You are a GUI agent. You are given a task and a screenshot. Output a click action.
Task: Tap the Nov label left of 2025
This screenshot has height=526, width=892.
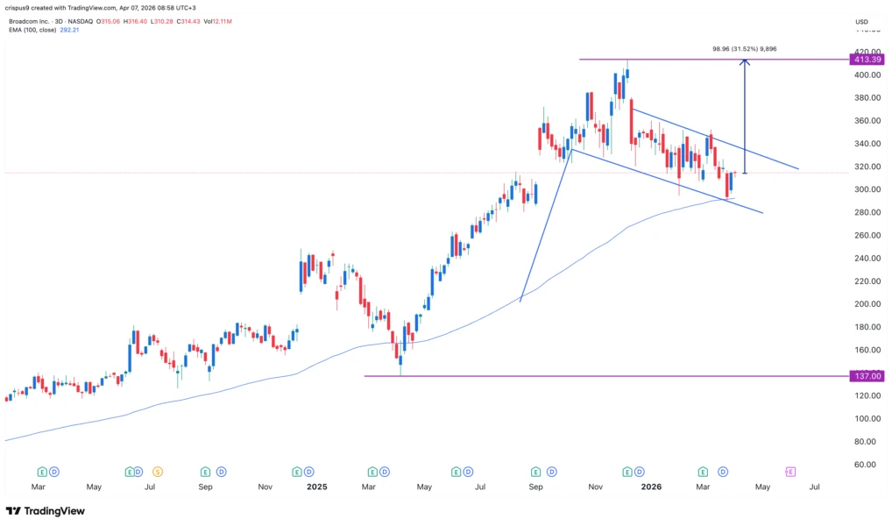(x=265, y=487)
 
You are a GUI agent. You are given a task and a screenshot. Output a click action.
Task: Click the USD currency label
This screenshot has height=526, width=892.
(x=862, y=22)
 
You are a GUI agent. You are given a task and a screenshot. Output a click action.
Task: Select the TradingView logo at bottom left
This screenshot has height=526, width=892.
(x=46, y=511)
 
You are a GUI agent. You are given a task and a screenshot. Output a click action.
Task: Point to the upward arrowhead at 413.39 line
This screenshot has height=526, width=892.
(x=745, y=62)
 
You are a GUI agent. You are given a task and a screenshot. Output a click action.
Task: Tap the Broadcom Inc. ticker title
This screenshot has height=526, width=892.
(x=34, y=20)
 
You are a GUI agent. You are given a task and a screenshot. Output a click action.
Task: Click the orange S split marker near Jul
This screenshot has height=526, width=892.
(x=158, y=472)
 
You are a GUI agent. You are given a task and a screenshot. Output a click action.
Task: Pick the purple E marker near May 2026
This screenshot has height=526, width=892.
(x=789, y=472)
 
